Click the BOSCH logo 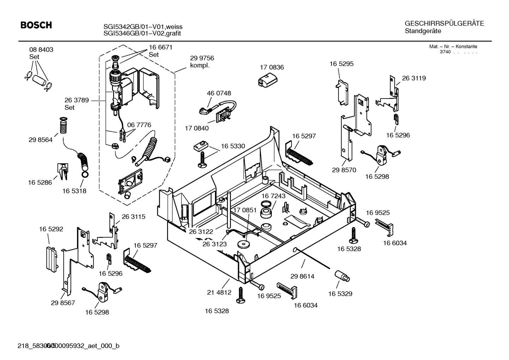36,25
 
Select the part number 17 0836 272,67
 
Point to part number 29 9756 202,58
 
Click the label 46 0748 219,93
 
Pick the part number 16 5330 233,146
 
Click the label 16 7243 274,196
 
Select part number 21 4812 219,292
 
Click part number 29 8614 302,276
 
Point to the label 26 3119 414,78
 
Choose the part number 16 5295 341,64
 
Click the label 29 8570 344,170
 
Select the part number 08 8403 41,50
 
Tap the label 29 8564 41,140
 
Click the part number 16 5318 74,191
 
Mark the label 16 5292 51,229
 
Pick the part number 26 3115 133,217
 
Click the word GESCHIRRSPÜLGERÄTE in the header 444,24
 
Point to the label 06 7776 139,125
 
